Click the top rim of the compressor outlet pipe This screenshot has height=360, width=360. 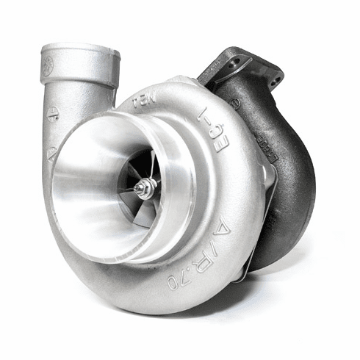tap(81, 49)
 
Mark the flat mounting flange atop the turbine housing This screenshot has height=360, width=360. tap(246, 62)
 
